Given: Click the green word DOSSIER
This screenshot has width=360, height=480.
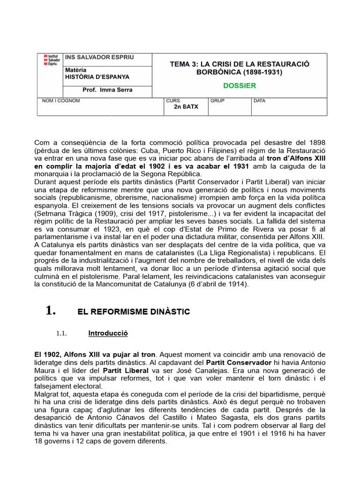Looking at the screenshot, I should [x=239, y=86].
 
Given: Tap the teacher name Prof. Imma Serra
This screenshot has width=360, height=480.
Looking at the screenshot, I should [x=107, y=90].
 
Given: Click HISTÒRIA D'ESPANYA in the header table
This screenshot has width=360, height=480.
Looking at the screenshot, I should [x=97, y=77].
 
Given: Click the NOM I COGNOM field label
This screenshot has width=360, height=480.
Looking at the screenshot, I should [x=61, y=101].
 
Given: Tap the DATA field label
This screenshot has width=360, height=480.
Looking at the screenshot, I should [x=259, y=101].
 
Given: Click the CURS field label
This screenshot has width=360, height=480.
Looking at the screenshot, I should [x=172, y=101].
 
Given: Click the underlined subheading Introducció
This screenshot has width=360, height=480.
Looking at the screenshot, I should [x=108, y=333].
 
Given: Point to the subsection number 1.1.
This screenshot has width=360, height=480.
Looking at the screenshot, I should [x=62, y=334].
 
